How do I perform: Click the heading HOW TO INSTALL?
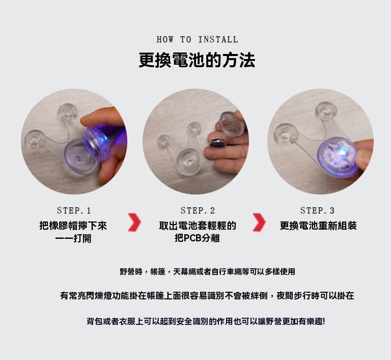(x=197, y=39)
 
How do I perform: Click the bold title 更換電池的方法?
(x=197, y=60)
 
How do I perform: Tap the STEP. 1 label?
(x=74, y=211)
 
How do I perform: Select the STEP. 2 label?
(x=198, y=211)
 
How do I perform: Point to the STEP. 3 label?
(x=317, y=211)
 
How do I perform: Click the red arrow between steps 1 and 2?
(x=134, y=222)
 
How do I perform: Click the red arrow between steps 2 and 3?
(x=259, y=222)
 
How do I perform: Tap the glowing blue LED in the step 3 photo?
(x=343, y=151)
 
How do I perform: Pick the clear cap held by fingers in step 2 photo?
(x=231, y=124)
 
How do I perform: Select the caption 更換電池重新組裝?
(x=318, y=226)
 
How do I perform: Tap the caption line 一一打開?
(x=73, y=238)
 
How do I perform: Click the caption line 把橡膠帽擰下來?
(x=73, y=226)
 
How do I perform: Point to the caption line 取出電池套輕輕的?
(x=198, y=226)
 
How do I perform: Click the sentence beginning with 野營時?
(x=207, y=271)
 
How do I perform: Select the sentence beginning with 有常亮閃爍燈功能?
(x=207, y=296)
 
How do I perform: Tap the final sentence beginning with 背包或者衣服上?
(x=206, y=321)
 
